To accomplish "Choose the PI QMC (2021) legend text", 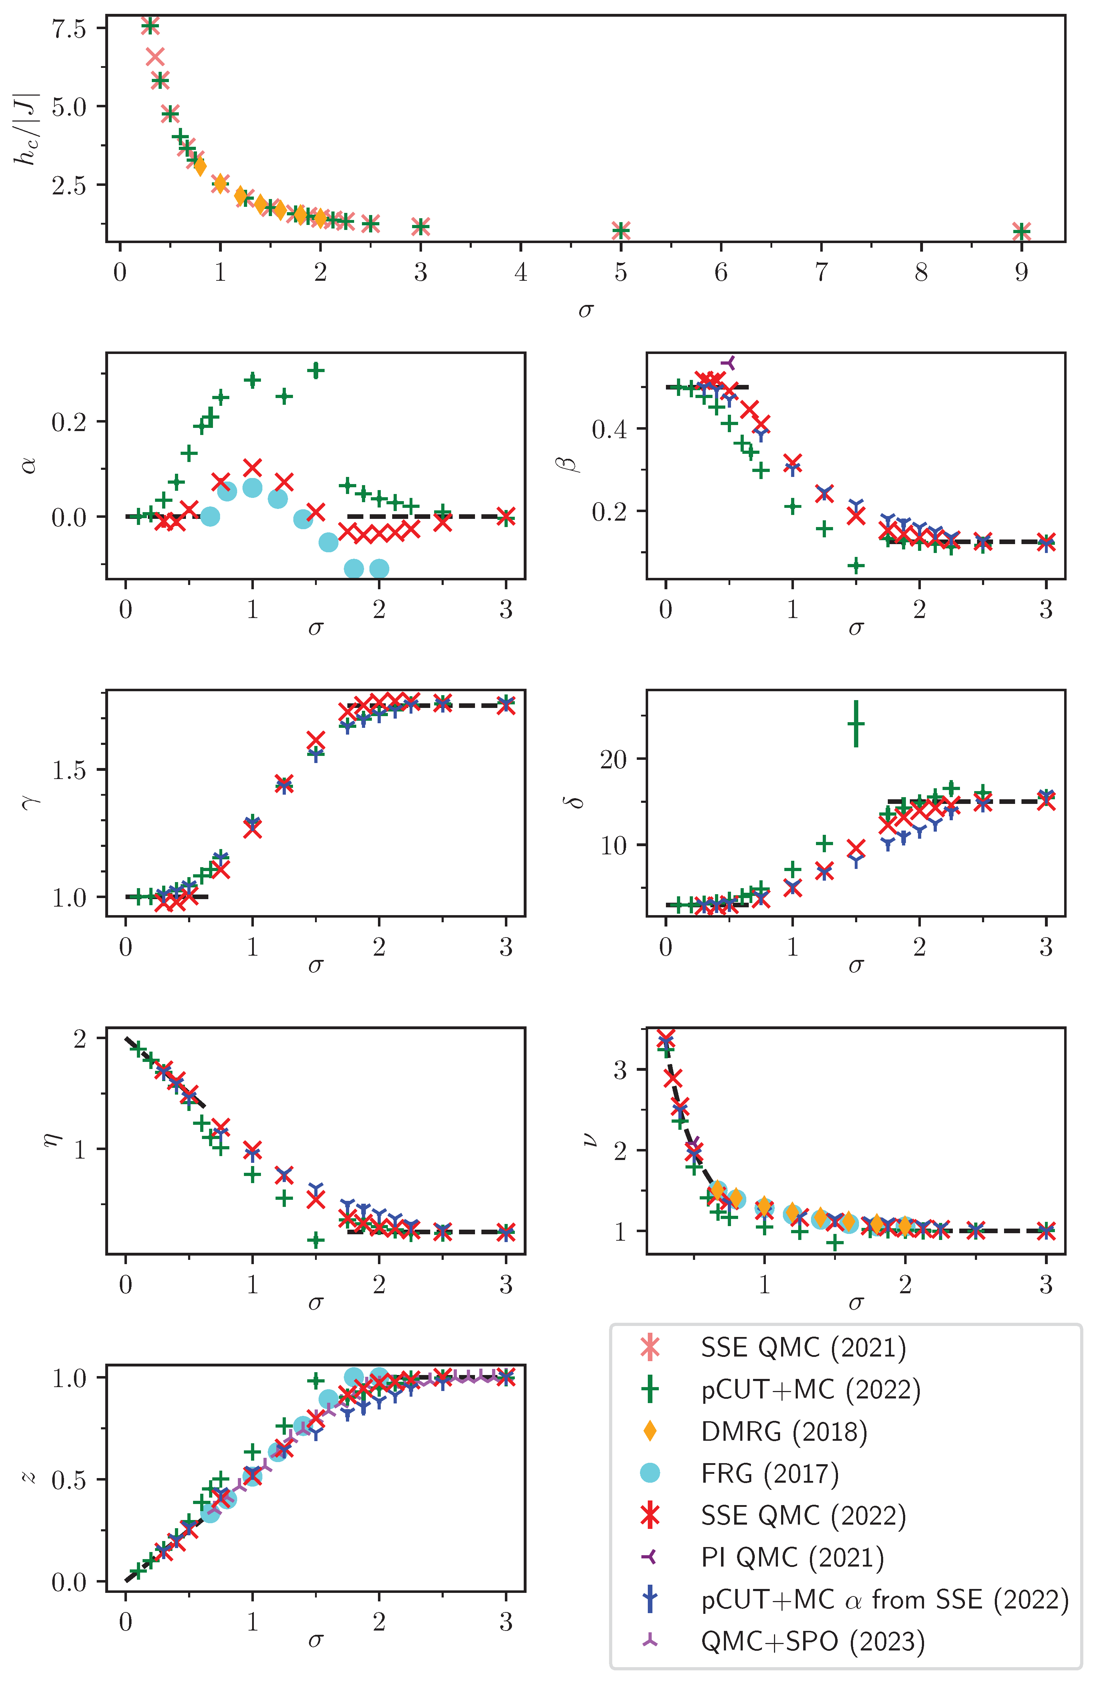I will coord(791,1557).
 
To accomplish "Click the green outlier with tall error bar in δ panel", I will coord(856,724).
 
